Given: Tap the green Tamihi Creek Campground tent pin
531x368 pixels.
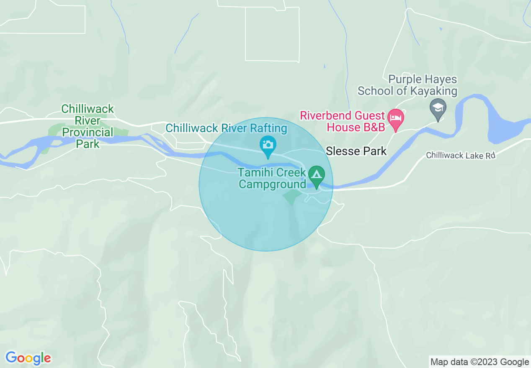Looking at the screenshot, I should pos(316,174).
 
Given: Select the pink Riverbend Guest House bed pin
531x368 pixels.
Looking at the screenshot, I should pos(396,116).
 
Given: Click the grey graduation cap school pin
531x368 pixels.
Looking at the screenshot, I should pos(438,107).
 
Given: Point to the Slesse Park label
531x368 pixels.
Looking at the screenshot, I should pos(356,151).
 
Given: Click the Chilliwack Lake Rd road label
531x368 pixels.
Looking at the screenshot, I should pos(461,156).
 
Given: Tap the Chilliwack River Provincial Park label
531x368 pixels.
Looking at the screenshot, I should pos(88,126).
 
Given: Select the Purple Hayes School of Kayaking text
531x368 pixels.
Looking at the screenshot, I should pos(407,85).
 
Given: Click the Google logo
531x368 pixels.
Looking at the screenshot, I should pos(28,358).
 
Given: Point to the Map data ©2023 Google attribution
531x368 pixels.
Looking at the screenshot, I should pos(480,362).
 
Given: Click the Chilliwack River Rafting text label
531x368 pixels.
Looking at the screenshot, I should pos(227,128).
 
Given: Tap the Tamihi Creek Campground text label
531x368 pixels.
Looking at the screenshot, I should pos(272,178).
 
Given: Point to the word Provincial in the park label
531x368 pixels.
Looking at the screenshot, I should pos(88,132).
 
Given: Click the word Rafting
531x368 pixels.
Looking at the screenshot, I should pos(267,128).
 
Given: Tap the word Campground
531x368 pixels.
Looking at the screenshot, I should pos(272,184).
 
